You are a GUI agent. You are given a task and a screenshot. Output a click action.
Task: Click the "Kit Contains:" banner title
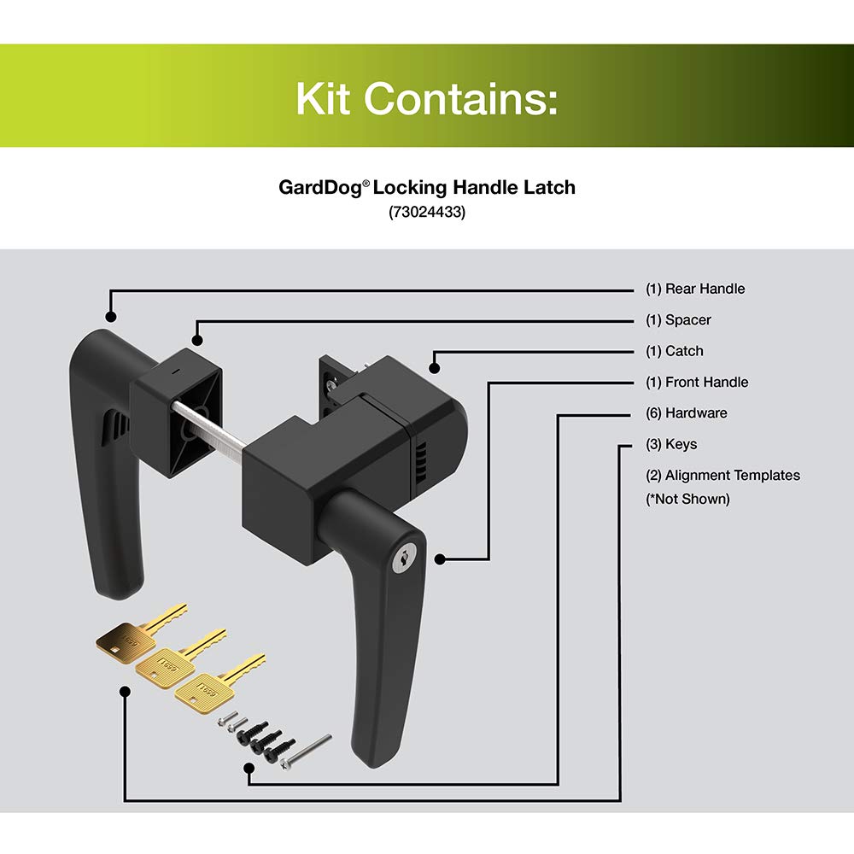click(x=426, y=99)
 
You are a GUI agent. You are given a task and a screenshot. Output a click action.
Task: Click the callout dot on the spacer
click(x=197, y=340)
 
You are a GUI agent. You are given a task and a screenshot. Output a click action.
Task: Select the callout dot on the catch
click(x=434, y=369)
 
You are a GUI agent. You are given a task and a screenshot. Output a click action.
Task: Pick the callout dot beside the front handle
click(x=442, y=559)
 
